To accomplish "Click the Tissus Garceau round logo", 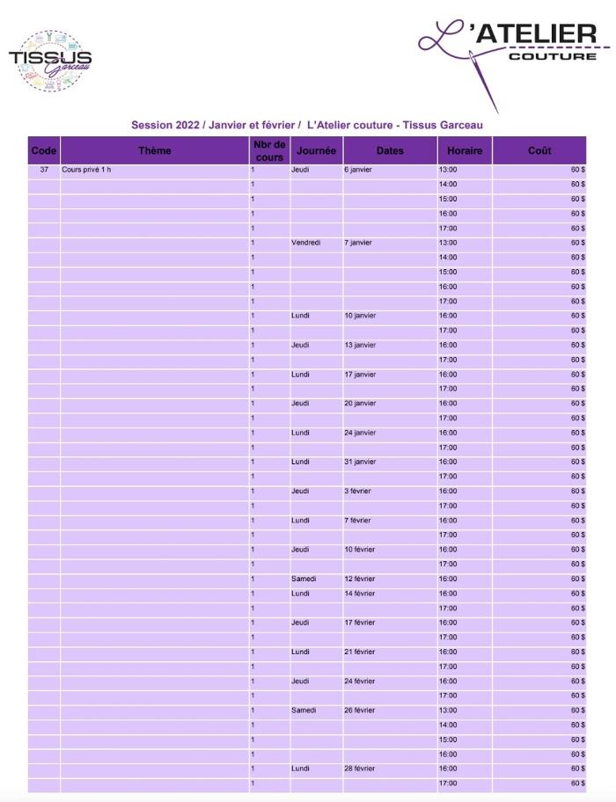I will point(51,60).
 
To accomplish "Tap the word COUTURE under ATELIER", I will point(553,56).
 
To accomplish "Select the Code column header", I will point(44,151).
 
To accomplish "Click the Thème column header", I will point(155,151).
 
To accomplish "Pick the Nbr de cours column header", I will point(269,151).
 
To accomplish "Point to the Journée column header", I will point(316,151).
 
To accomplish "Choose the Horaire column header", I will point(465,151).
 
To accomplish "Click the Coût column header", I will point(539,151).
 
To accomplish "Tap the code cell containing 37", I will point(44,170).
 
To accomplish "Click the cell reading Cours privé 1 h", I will point(87,170).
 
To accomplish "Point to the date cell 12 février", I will point(360,579).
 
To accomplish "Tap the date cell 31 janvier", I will point(360,462).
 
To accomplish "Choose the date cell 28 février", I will point(360,769).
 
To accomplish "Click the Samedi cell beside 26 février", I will point(304,711).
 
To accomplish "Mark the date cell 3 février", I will point(357,491).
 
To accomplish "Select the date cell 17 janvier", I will point(360,375).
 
